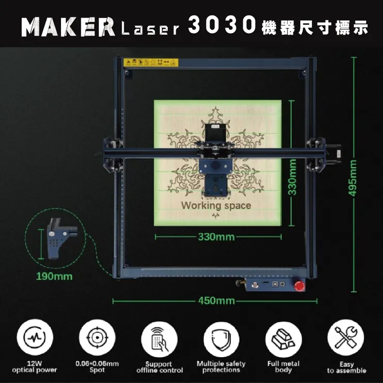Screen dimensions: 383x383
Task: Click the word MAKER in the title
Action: click(68, 27)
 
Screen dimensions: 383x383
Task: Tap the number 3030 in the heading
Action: click(222, 24)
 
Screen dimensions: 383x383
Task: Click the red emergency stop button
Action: click(300, 286)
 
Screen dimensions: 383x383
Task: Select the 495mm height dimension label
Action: click(352, 178)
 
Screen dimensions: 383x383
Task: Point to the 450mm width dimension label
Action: click(216, 301)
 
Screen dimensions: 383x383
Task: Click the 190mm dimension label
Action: click(54, 276)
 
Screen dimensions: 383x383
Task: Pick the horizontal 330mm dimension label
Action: click(216, 237)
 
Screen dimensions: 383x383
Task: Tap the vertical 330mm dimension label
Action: click(292, 177)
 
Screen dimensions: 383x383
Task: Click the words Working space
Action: click(216, 205)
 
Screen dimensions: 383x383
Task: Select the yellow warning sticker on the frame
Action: click(151, 63)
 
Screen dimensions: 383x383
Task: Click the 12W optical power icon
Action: click(35, 337)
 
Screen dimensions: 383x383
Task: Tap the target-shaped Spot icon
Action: click(97, 337)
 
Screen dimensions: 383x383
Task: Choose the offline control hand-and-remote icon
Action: click(159, 340)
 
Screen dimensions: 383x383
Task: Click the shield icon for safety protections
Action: click(222, 340)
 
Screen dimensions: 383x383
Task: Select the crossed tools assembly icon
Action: click(346, 337)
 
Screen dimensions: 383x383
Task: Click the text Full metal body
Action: click(283, 367)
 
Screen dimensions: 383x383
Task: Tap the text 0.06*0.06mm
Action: click(97, 363)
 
